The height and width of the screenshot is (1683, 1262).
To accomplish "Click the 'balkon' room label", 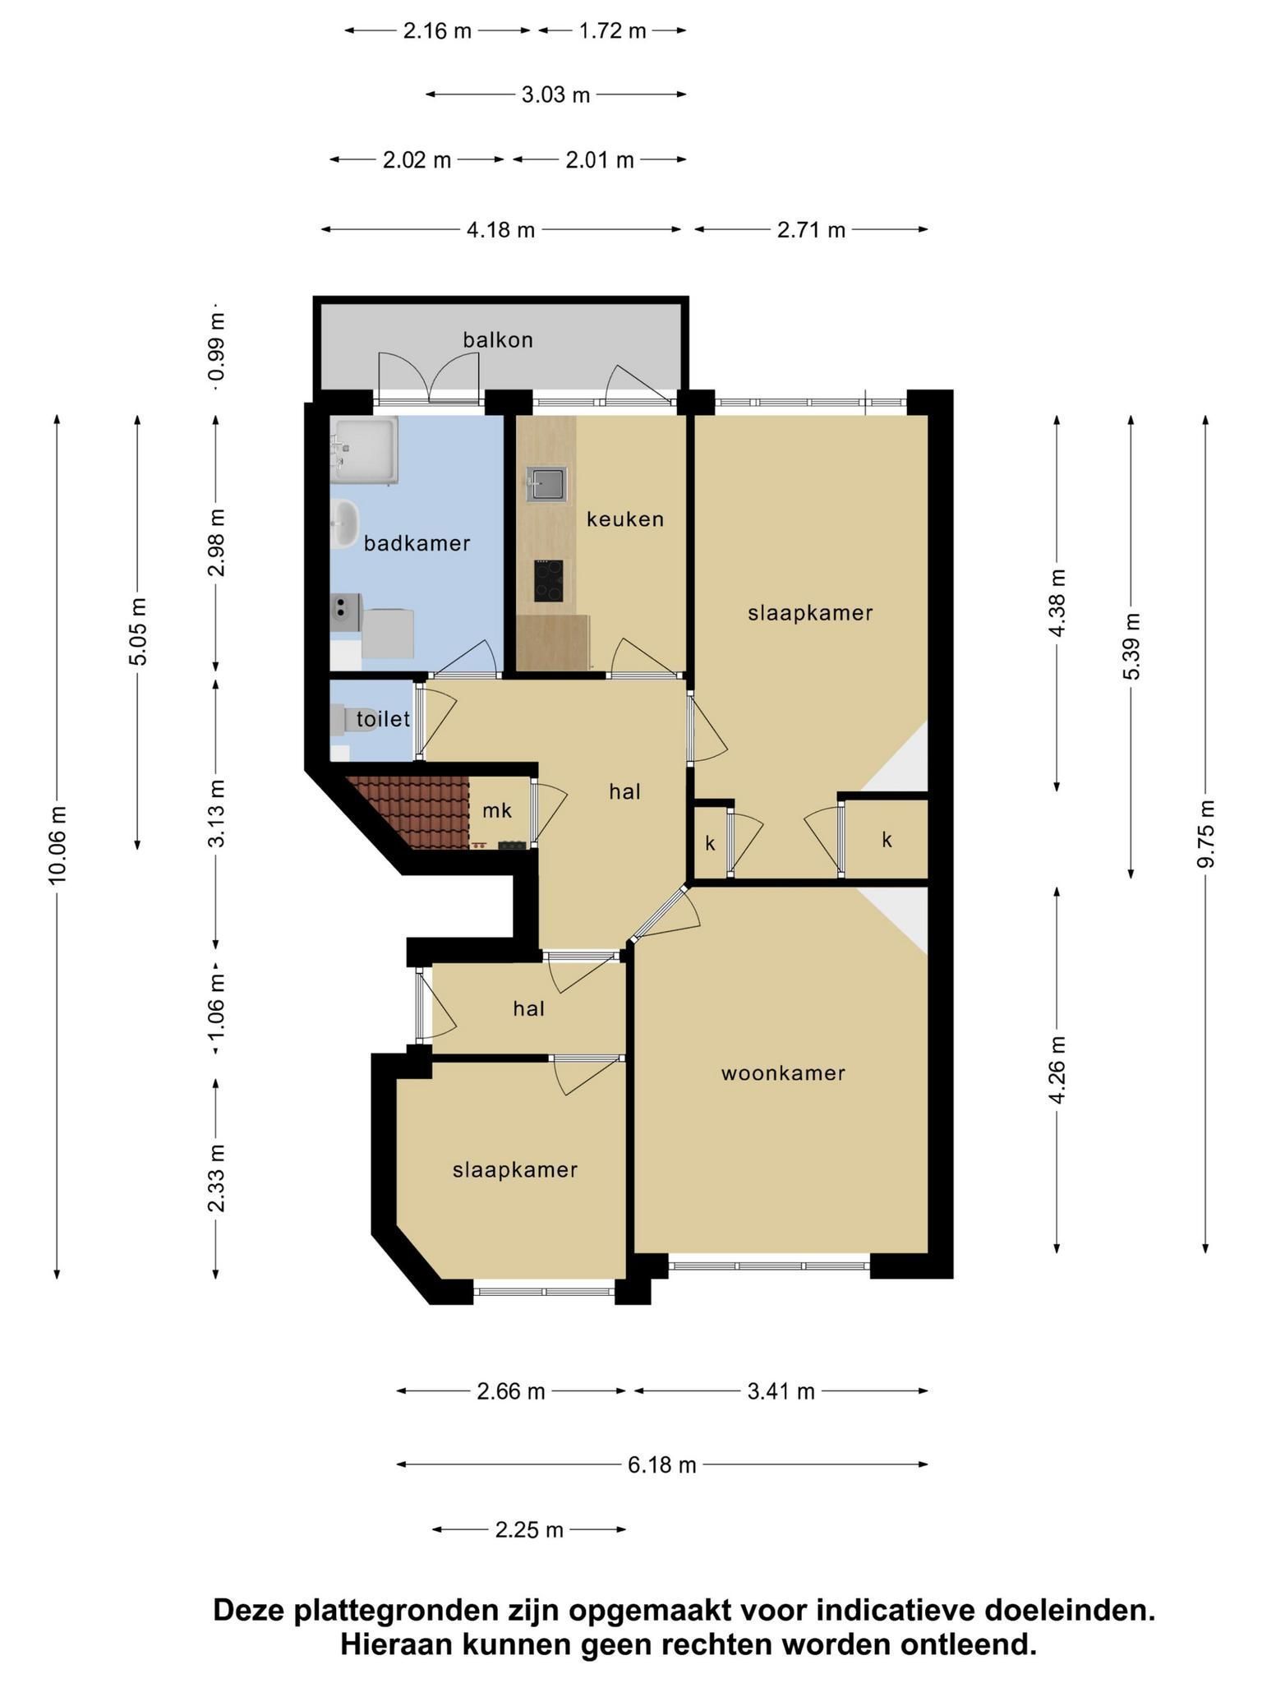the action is [x=498, y=339].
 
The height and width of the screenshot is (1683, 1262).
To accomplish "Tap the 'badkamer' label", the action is [x=417, y=543].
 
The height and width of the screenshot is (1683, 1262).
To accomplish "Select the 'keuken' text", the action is [x=625, y=519].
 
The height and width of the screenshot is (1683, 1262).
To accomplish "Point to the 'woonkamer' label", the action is [x=783, y=1073].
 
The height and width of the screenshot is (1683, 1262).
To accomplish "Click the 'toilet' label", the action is [x=383, y=719].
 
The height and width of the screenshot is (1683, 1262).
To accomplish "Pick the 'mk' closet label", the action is [x=497, y=811].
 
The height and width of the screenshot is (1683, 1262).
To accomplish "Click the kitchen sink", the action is [x=546, y=484].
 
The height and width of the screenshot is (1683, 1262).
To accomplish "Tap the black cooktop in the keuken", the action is [x=549, y=580].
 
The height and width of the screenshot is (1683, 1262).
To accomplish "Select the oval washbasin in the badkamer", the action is [x=345, y=523].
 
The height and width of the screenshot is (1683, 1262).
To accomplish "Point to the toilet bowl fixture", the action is [x=339, y=721].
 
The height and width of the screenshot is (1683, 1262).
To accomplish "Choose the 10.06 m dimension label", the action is [x=57, y=846].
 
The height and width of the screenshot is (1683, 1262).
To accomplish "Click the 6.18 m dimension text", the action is [x=662, y=1464].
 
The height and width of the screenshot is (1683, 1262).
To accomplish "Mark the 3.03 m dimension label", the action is [x=556, y=95].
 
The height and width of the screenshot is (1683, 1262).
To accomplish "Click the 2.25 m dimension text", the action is [x=529, y=1529].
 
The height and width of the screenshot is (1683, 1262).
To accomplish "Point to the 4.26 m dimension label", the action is [x=1057, y=1069].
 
